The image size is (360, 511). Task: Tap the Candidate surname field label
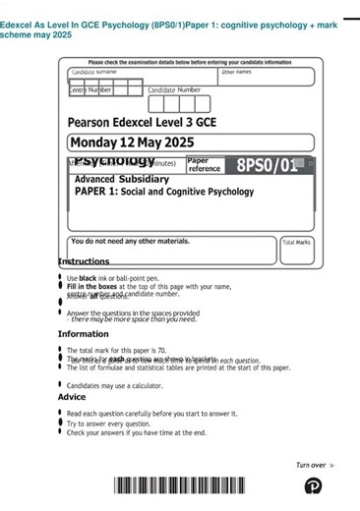[x=94, y=73]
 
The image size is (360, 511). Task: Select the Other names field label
[x=236, y=72]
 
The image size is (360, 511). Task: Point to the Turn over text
[x=311, y=465]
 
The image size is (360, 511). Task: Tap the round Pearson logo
[x=313, y=485]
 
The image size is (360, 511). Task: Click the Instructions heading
[x=84, y=261]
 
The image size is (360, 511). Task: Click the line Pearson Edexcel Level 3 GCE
[x=142, y=123]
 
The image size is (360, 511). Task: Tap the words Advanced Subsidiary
[x=122, y=180]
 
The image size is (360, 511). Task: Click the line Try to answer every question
[x=123, y=424]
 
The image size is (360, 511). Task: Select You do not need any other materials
[x=131, y=241]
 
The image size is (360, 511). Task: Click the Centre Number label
[x=90, y=89]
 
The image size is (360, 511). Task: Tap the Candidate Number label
[x=174, y=89]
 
